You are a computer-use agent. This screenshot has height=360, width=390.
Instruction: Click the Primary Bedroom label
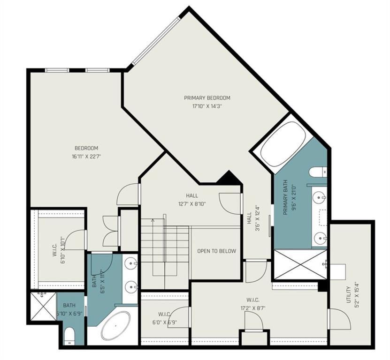pos(207,98)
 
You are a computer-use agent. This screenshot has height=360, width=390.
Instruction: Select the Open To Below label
pos(216,251)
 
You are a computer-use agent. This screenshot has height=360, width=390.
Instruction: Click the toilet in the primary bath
pos(318,172)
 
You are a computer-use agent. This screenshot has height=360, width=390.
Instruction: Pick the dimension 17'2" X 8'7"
pos(256,308)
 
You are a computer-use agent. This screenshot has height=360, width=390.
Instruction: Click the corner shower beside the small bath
pos(43,307)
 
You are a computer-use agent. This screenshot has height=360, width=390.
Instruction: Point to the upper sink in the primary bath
pos(320,197)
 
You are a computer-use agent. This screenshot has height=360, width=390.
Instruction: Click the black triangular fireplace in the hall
pos(229,179)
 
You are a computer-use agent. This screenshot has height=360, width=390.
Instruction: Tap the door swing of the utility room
pos(340,319)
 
